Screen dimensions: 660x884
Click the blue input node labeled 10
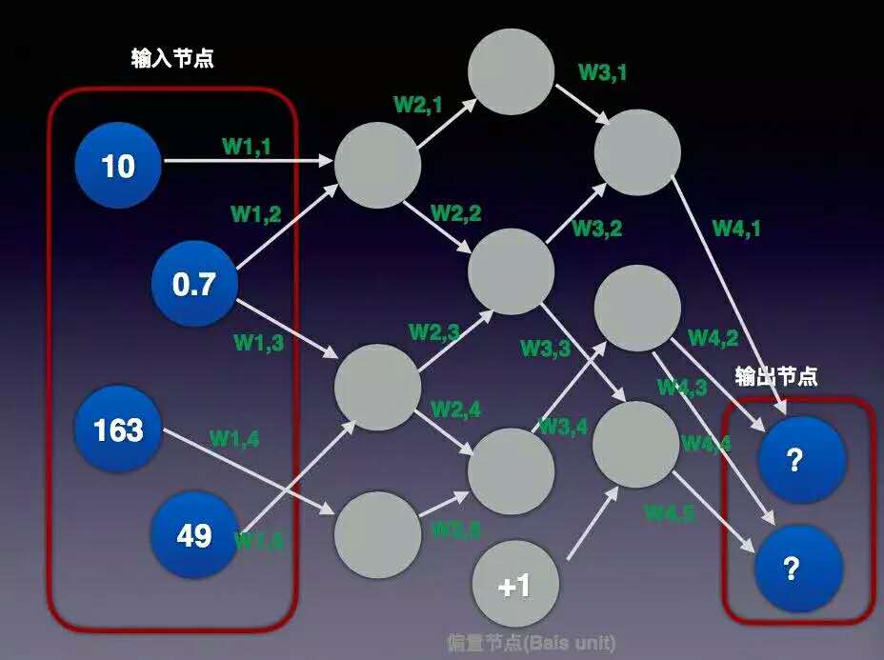(x=118, y=166)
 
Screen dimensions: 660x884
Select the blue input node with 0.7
(x=194, y=283)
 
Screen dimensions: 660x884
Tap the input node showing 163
(x=118, y=430)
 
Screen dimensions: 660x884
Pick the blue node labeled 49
(x=194, y=535)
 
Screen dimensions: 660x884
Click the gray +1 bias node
(x=514, y=584)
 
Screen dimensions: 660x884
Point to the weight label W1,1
(x=247, y=146)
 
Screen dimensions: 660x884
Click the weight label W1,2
(x=255, y=214)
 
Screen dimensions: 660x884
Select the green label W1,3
(x=258, y=341)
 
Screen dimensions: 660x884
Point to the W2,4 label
(x=455, y=409)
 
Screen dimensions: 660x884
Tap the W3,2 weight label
(x=596, y=228)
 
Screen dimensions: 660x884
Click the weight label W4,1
(x=737, y=228)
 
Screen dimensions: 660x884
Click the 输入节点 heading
(x=172, y=59)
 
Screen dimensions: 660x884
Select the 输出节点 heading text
(x=776, y=376)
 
